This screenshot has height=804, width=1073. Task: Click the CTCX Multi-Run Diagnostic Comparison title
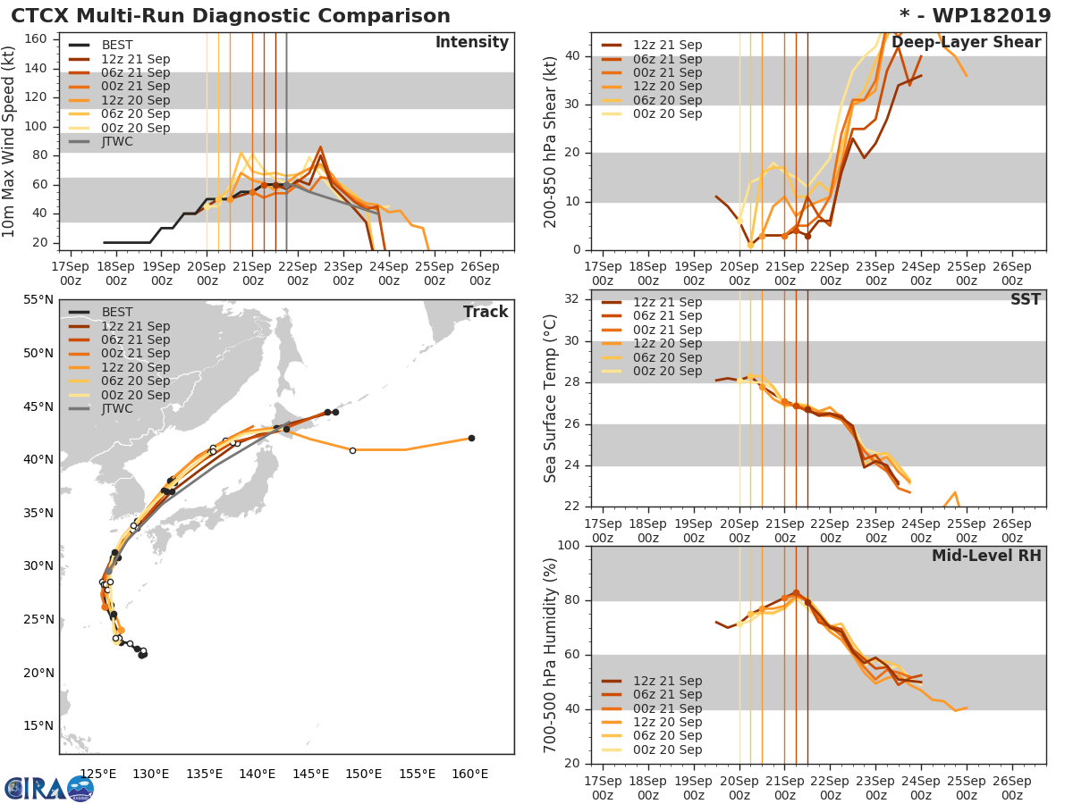(x=231, y=16)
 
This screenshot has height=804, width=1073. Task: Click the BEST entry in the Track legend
(x=117, y=312)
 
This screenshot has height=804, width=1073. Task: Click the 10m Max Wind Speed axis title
(x=10, y=142)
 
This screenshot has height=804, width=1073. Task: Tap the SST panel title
(x=1026, y=299)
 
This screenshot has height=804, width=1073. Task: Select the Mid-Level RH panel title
(x=986, y=557)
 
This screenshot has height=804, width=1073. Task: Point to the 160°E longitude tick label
(x=471, y=774)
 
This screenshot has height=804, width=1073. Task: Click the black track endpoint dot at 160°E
(x=471, y=438)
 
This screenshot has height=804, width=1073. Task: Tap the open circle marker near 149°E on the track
(x=352, y=450)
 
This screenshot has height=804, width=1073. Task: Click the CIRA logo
(x=48, y=788)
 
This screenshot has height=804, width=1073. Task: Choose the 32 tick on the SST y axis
(x=572, y=299)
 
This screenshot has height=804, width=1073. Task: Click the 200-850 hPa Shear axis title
(x=551, y=142)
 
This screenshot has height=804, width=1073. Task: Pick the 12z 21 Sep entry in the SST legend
(x=667, y=302)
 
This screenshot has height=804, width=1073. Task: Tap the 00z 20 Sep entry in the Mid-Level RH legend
(x=667, y=750)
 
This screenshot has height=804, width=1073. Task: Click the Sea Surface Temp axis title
(x=551, y=399)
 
